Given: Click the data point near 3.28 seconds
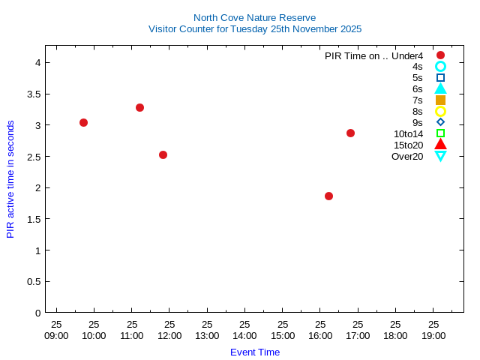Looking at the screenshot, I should pos(139,107).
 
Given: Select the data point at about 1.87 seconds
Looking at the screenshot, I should pos(328,196).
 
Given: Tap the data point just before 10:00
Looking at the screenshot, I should pos(83,122).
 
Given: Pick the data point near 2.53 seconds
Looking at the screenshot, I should pos(163,154).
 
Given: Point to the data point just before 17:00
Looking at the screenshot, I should pos(350,133).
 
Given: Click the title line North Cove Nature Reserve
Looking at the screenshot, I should pos(254,17).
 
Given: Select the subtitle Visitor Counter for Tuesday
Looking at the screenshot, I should pos(254,28).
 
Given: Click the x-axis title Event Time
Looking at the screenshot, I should pos(254,352).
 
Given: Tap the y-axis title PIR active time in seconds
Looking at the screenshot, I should pos(10,178).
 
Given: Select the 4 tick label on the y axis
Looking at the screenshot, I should pos(37,62).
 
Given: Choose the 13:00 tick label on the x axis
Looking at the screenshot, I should pos(207,335).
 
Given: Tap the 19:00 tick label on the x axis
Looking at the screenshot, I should pos(433,335).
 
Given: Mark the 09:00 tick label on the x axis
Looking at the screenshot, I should pos(56,335).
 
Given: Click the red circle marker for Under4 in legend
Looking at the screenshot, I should pos(440,55).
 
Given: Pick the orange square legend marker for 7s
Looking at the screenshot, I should pos(440,100).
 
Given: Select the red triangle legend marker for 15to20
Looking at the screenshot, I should pos(440,145).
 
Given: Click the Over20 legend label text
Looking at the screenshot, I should pos(407,156).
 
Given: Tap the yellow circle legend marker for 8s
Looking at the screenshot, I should pos(440,111).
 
